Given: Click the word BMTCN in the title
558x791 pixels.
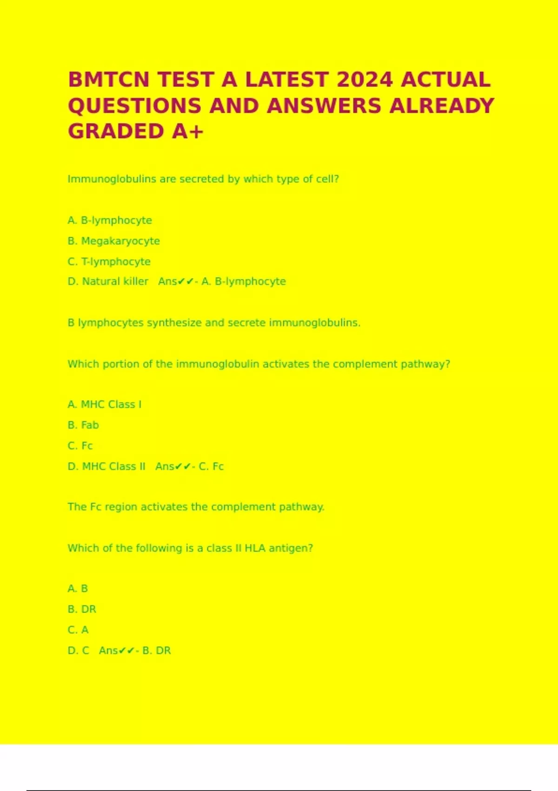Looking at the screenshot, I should (109, 80).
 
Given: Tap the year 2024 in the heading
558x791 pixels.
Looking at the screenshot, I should (365, 80).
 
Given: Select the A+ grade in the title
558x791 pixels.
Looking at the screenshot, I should (187, 131).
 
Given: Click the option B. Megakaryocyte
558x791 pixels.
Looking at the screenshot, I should (113, 241).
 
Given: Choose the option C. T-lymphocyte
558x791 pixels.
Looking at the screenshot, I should (109, 261).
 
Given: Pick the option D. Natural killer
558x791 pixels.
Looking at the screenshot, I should (108, 282).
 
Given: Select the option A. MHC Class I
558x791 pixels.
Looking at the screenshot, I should (104, 404).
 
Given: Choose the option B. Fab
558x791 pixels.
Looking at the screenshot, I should (83, 425).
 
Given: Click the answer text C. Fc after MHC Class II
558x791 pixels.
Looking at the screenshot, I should (211, 466).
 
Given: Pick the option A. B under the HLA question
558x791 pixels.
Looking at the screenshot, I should (78, 589).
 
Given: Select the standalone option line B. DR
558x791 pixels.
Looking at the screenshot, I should (82, 609).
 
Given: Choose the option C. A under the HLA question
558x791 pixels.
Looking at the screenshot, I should (78, 630).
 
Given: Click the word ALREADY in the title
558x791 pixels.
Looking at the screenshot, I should (441, 106).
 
